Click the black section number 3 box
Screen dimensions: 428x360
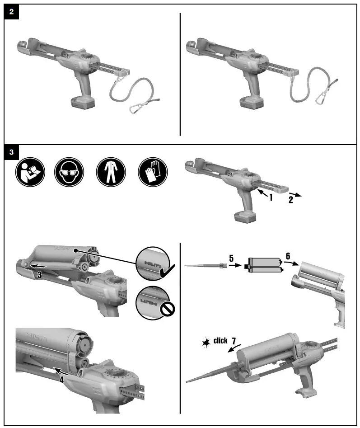(11, 152)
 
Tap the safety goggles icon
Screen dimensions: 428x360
(68, 172)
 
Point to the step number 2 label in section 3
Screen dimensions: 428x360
(291, 199)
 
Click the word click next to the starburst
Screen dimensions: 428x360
(220, 341)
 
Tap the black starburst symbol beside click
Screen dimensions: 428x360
(206, 343)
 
